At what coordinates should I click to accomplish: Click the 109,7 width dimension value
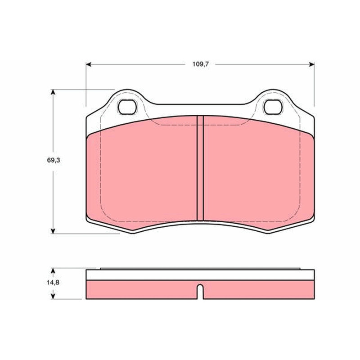coord(200,64)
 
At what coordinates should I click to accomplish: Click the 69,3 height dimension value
coord(54,160)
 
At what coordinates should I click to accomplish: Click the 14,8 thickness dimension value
coord(53,283)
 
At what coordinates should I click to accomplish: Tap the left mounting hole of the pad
coord(127,107)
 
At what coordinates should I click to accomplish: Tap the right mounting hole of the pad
coord(273,107)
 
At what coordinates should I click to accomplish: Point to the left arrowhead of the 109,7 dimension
coord(89,64)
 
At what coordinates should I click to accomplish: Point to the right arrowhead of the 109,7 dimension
coord(311,64)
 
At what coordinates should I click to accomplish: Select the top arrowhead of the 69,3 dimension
coord(53,92)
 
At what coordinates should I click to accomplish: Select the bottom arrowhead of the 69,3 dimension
coord(53,231)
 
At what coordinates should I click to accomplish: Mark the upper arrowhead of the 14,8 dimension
coord(53,272)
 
